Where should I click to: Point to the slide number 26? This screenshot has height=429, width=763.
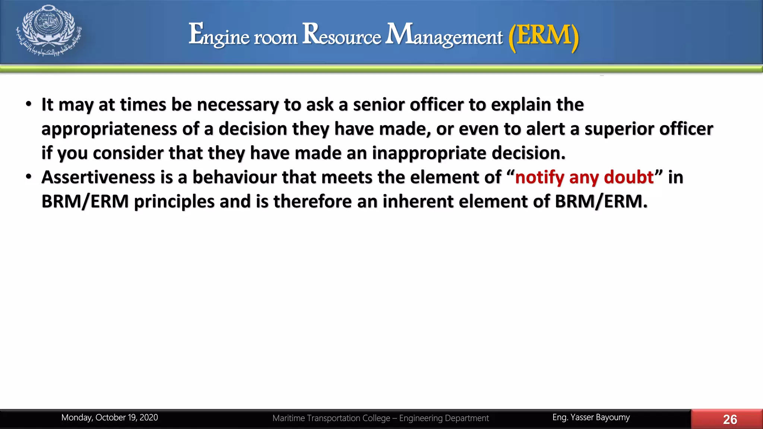coord(729,419)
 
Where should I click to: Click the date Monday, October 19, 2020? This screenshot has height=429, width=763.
coord(110,417)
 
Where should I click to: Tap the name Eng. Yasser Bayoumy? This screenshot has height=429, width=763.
coord(591,417)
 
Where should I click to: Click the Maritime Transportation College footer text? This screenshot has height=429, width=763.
coord(380,418)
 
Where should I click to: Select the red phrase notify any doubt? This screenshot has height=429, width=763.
coord(584,177)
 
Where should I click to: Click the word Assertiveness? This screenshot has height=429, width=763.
coord(98,177)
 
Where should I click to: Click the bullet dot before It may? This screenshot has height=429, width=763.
coord(29,104)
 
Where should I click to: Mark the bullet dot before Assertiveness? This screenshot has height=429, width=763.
coord(29,177)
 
